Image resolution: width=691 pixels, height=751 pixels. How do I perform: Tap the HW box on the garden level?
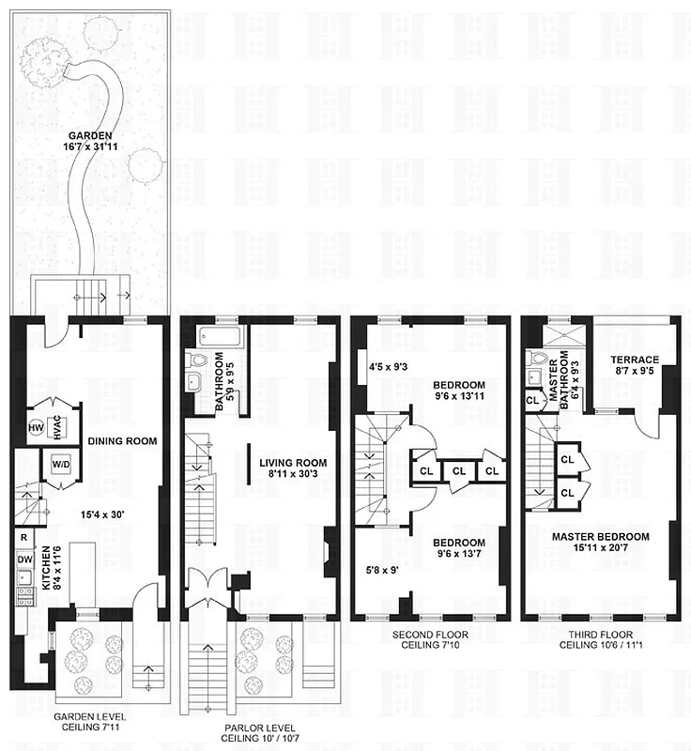click(x=38, y=428)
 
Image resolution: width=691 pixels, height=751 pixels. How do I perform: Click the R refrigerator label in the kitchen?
click(x=22, y=538)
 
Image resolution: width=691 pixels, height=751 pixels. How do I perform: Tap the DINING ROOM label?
click(x=122, y=440)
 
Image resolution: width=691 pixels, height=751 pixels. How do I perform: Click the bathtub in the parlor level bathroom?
click(x=219, y=335)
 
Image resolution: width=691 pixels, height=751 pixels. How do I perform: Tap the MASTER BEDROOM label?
click(x=601, y=536)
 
